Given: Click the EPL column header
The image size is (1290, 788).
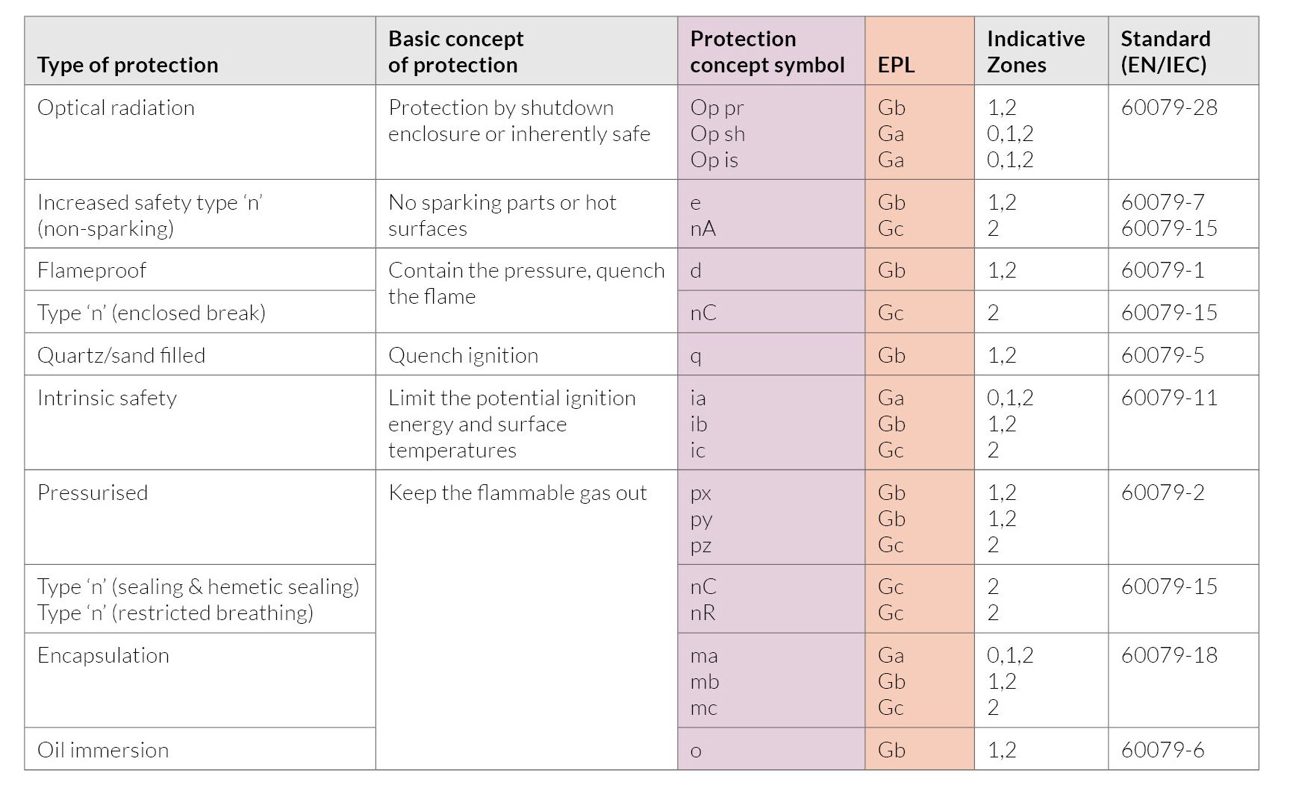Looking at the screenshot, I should [x=896, y=65].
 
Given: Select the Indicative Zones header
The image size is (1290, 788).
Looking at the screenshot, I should [x=1035, y=51].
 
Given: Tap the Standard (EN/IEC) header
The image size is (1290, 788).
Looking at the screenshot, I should [x=1165, y=51].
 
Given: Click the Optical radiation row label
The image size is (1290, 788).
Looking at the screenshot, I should [x=116, y=107].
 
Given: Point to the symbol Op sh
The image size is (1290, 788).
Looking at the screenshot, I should [x=717, y=134].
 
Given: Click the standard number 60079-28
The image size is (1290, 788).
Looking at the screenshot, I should [x=1169, y=107].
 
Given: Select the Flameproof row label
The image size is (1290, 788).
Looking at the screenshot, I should [x=92, y=270].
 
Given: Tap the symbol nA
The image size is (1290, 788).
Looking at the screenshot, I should [x=702, y=228].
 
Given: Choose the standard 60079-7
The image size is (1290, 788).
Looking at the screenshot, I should [x=1162, y=202].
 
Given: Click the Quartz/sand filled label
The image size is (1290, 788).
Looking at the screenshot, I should [x=121, y=355].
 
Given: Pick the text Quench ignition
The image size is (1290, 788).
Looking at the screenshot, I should [x=463, y=355].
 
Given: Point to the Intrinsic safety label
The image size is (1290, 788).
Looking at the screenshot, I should [x=107, y=398].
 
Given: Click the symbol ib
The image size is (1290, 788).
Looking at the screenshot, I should [x=698, y=424].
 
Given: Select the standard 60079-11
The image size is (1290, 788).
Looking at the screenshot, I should [x=1169, y=398].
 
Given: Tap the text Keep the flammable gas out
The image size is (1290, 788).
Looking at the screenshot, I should [x=517, y=492].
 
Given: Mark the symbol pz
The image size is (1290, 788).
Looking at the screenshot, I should [x=700, y=545].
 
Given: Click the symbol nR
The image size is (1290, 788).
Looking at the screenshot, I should [x=702, y=613].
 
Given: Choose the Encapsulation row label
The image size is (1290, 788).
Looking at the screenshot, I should [x=103, y=655].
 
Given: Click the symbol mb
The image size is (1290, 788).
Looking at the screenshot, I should [x=704, y=681].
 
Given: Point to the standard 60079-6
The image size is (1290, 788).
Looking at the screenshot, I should [x=1162, y=750].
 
